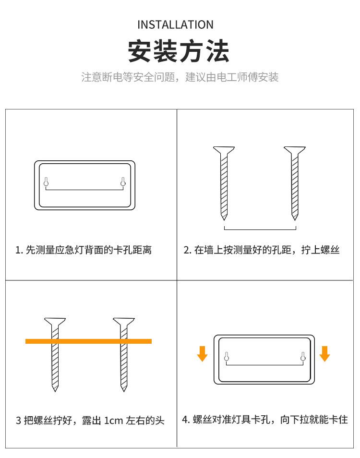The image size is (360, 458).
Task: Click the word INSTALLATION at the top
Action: point(175,25)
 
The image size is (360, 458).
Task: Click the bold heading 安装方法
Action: point(179,51)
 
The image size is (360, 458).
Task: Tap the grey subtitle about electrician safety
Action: point(180,77)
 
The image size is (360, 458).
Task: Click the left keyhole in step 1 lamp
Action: point(46,181)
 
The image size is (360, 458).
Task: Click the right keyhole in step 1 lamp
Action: point(123,181)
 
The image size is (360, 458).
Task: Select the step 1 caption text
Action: point(84,250)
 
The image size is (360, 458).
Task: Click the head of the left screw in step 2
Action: point(224,150)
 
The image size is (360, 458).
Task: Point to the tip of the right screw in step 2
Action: point(295,219)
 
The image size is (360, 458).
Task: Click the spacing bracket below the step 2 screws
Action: point(260,229)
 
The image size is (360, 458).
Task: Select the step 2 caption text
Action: point(262,250)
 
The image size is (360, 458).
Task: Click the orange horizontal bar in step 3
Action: point(88,341)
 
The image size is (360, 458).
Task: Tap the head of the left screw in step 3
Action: point(55,321)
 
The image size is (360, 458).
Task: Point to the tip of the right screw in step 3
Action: point(124,391)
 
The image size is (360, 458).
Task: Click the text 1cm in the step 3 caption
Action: point(114,421)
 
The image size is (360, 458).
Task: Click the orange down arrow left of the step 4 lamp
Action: point(202,354)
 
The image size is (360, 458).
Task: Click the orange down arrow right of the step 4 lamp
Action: point(324,354)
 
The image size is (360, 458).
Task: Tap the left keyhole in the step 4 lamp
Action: point(226,357)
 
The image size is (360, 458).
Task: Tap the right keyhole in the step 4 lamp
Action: point(303,357)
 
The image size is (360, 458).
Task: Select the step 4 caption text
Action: point(265,420)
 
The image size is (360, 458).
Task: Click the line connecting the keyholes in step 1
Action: point(84,190)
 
